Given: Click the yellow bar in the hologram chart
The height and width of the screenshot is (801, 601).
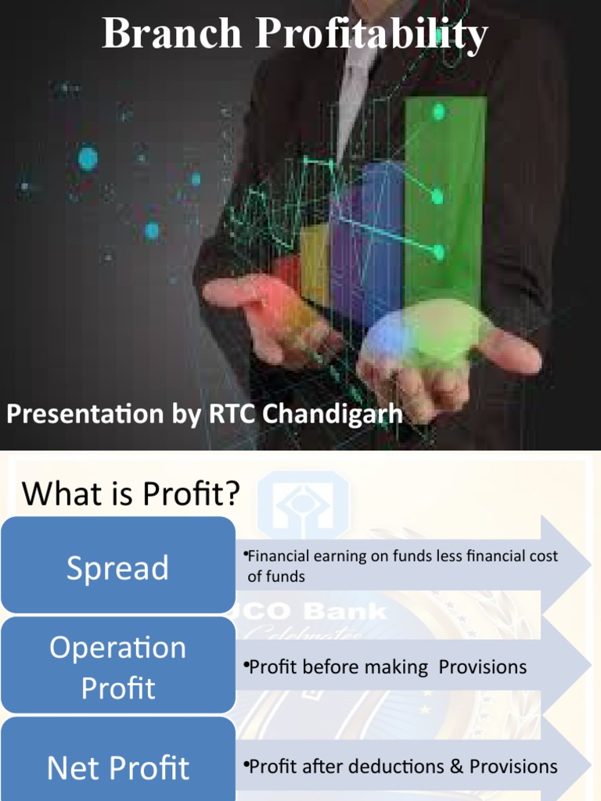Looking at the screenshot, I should (315, 266).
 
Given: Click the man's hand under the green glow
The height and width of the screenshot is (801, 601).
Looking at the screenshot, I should (438, 344).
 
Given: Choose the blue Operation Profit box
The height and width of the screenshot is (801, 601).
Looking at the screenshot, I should (118, 666).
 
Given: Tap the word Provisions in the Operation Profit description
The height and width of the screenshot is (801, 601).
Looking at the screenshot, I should (482, 667).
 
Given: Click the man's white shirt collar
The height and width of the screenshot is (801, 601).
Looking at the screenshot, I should (356, 70).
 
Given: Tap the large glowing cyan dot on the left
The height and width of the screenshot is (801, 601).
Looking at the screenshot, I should (88, 160).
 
